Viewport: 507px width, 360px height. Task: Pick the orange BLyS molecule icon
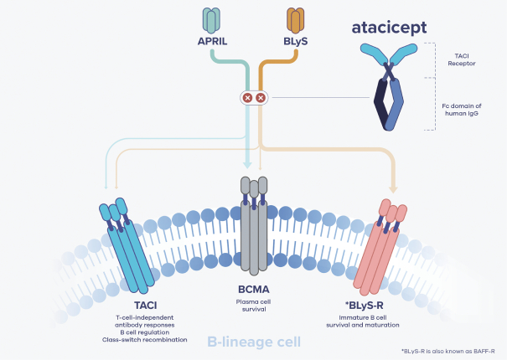296,19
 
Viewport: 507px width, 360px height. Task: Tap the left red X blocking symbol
247,98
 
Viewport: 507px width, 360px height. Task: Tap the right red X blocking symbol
261,98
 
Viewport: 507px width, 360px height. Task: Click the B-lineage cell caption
254,342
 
